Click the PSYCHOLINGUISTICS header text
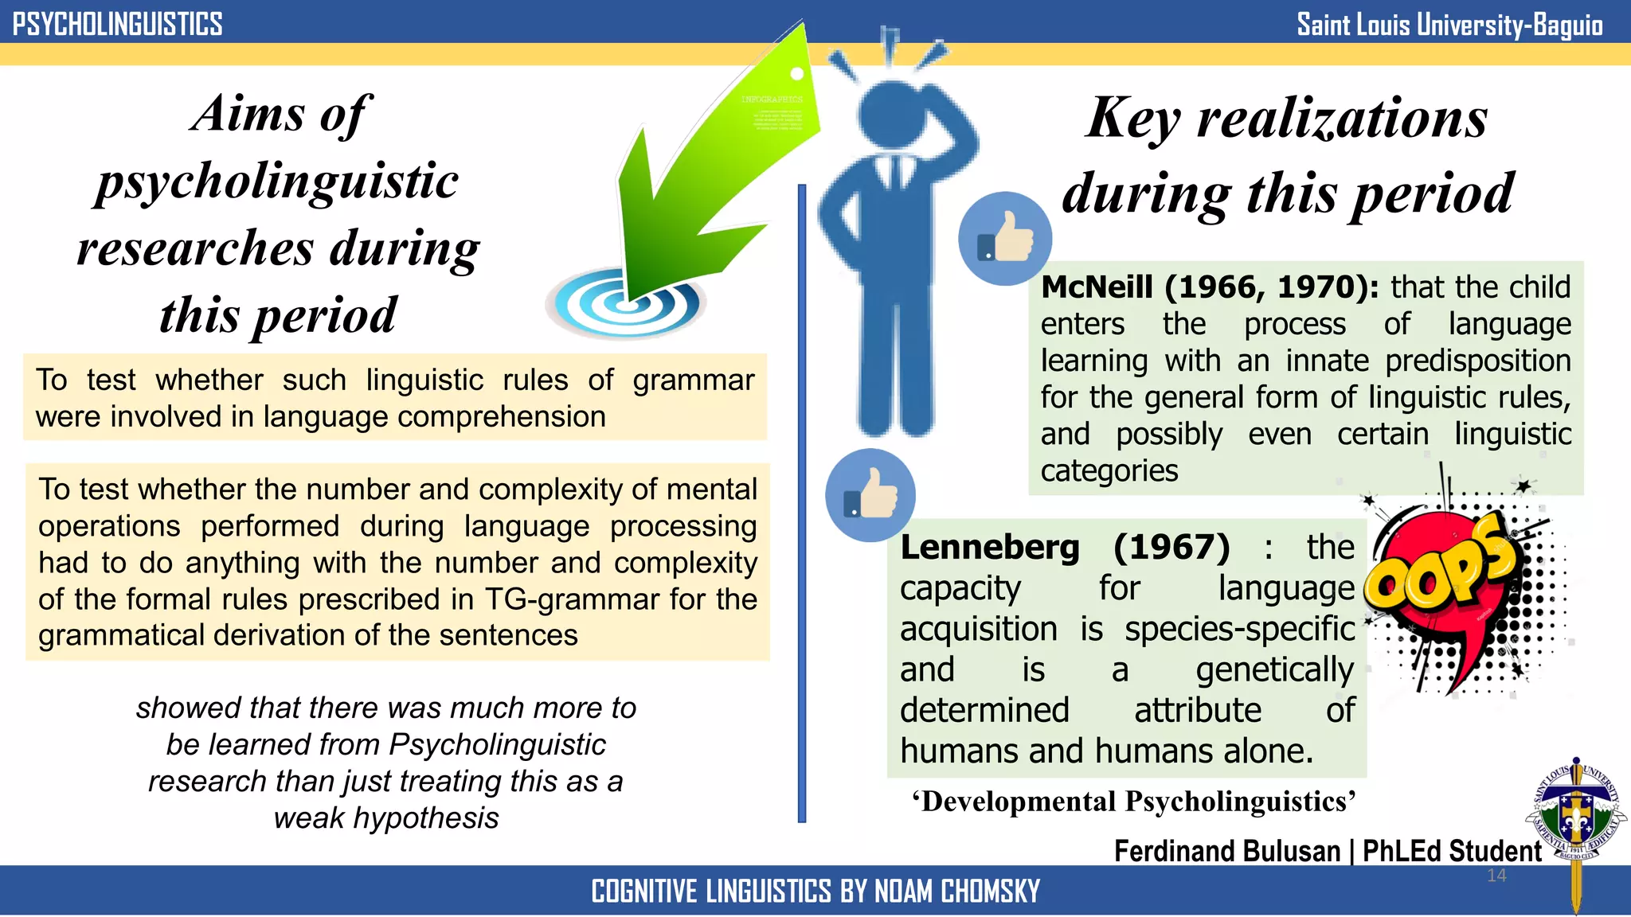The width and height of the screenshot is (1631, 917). point(117,24)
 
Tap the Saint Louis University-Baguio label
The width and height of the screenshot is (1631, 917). point(1449,25)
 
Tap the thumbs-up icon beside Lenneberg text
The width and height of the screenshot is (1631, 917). point(870,495)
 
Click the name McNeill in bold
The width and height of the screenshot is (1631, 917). point(1097,287)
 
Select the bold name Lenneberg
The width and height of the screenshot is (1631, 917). point(990,547)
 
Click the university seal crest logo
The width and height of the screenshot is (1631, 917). point(1574,812)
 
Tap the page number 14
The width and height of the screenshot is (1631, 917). point(1496,876)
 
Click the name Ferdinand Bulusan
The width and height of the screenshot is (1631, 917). point(1227,851)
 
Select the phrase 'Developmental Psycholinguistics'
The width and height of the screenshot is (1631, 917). point(1134,802)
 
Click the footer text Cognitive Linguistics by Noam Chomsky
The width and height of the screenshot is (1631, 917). point(815,892)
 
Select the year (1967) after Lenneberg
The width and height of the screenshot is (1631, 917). point(1171,547)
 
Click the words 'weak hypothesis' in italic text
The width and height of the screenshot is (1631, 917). point(386,818)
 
